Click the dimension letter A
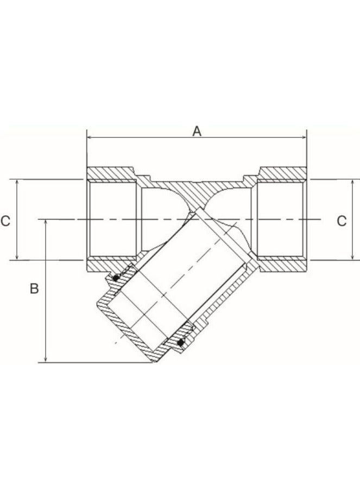click(197, 131)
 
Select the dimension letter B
click(34, 288)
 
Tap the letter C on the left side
click(5, 221)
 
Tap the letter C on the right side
click(342, 221)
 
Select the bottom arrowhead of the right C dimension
click(353, 257)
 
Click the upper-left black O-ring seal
click(116, 278)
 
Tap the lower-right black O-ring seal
click(181, 342)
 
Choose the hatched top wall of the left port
click(111, 173)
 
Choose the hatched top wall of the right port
click(282, 173)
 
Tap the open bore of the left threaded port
click(111, 219)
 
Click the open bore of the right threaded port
click(282, 219)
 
